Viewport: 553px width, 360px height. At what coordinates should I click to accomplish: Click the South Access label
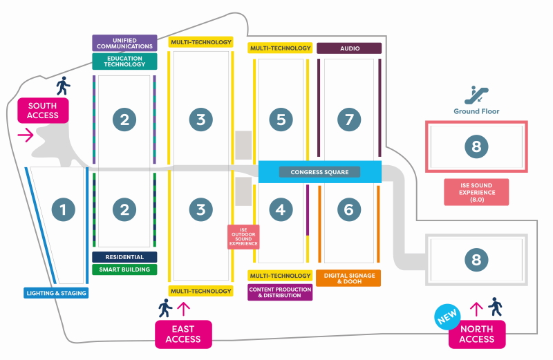pyautogui.click(x=43, y=111)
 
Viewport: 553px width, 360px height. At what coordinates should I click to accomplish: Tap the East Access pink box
pyautogui.click(x=183, y=334)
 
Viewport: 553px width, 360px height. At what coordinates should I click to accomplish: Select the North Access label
pyautogui.click(x=477, y=334)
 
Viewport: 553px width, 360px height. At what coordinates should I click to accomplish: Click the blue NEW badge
pyautogui.click(x=447, y=317)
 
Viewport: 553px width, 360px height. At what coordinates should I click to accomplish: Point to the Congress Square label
pyautogui.click(x=319, y=172)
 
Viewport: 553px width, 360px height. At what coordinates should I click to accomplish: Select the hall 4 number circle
pyautogui.click(x=280, y=209)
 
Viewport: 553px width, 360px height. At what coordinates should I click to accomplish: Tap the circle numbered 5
pyautogui.click(x=280, y=120)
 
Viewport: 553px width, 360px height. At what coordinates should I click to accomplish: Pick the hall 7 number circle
pyautogui.click(x=349, y=120)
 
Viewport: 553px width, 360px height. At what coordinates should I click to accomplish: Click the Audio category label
pyautogui.click(x=349, y=48)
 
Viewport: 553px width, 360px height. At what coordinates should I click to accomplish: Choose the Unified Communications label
pyautogui.click(x=124, y=43)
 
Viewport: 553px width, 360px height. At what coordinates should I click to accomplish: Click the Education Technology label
pyautogui.click(x=124, y=61)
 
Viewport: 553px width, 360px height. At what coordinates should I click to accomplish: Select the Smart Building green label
pyautogui.click(x=124, y=269)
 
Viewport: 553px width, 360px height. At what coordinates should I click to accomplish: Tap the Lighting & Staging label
pyautogui.click(x=56, y=292)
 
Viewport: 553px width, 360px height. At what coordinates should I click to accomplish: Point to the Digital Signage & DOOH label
pyautogui.click(x=349, y=278)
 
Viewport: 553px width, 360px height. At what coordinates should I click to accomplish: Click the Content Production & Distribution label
pyautogui.click(x=280, y=292)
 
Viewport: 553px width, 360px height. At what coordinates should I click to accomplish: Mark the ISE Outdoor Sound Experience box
pyautogui.click(x=243, y=237)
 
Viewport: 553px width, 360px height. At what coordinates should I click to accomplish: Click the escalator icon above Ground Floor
pyautogui.click(x=476, y=93)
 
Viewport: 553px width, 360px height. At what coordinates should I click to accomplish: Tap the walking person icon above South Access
pyautogui.click(x=64, y=85)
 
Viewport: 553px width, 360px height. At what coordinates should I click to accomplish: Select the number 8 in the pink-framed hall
pyautogui.click(x=476, y=146)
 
